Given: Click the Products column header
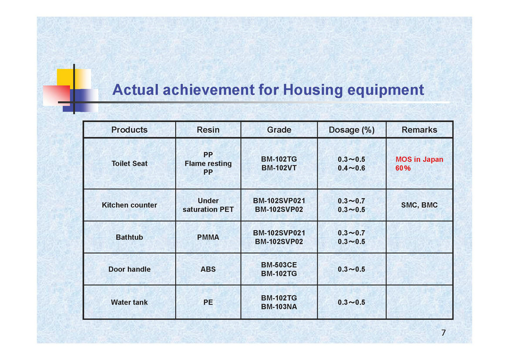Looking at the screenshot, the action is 129,130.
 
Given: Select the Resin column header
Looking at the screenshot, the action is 208,130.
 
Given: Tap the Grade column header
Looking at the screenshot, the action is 279,130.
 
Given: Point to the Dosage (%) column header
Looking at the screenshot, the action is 352,130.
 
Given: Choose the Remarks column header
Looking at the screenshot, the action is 419,130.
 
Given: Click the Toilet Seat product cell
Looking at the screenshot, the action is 129,163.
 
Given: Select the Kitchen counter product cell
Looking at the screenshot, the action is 129,205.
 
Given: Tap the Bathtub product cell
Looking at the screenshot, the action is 129,237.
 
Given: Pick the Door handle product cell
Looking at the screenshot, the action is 129,269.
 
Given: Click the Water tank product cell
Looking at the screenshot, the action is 129,302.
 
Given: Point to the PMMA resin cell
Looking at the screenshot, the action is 208,237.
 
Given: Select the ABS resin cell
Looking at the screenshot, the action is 208,269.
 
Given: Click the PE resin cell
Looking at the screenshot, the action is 208,302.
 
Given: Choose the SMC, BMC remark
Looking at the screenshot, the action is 419,205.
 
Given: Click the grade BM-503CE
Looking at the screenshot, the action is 279,265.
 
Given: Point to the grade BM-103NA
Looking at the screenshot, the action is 279,307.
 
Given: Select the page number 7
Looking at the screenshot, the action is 443,333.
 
